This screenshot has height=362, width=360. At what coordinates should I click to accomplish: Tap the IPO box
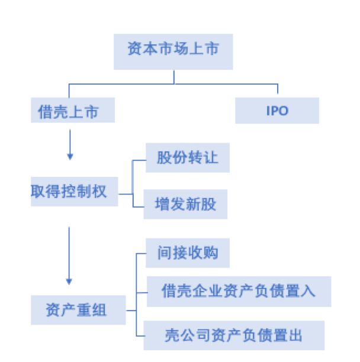(277, 111)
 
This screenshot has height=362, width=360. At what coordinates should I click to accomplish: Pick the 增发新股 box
(185, 205)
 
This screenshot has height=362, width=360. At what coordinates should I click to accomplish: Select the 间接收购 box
(188, 253)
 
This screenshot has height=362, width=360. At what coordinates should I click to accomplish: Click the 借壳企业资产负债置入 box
(238, 290)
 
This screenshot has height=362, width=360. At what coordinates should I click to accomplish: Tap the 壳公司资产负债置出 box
(235, 335)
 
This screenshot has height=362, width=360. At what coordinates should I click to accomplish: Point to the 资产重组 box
(78, 310)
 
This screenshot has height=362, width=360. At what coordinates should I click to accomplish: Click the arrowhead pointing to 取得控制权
(70, 157)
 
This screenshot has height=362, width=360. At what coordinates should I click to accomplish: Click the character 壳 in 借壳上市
(60, 111)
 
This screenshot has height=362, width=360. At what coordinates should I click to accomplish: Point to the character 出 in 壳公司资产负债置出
(295, 335)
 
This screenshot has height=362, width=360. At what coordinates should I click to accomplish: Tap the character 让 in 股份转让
(210, 158)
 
